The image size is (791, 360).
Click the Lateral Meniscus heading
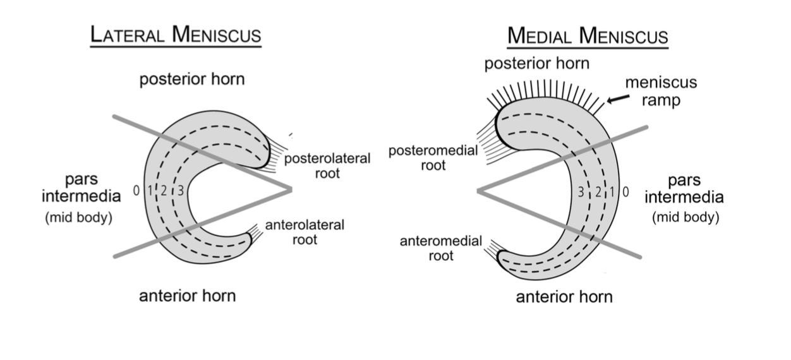176,35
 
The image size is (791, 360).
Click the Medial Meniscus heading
588,36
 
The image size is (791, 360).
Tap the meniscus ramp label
651,91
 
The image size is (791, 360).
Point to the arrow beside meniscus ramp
619,99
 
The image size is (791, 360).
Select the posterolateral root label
327,165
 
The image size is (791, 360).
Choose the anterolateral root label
305,232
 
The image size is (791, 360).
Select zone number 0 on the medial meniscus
625,192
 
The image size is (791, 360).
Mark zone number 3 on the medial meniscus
581,192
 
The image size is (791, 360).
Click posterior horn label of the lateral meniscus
191,80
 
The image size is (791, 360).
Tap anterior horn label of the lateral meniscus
187,295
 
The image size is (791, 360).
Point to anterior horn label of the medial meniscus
564,296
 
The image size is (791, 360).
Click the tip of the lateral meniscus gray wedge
290,188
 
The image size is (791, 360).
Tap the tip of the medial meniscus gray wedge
478,189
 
